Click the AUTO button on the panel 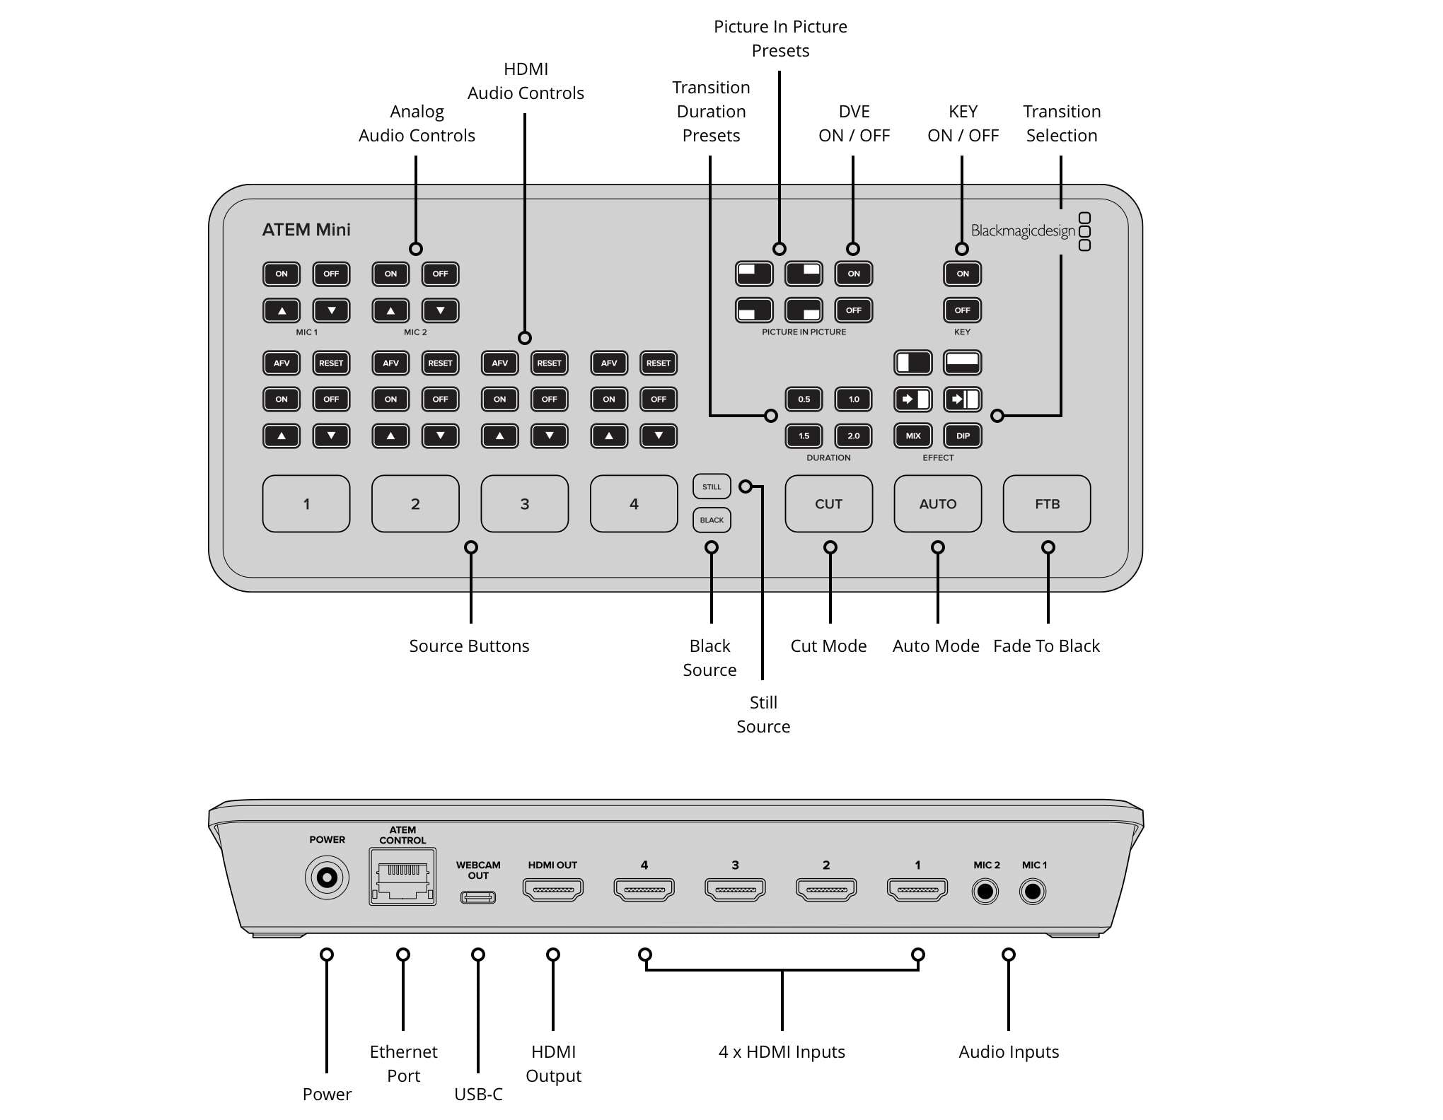click(937, 503)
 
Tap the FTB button click(1046, 503)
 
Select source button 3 click(524, 503)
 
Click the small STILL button click(711, 486)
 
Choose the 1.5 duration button click(804, 436)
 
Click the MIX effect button click(912, 436)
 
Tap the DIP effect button click(963, 436)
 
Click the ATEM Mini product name click(306, 230)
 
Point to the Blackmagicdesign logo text click(1022, 231)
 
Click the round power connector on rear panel click(327, 877)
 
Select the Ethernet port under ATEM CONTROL click(402, 877)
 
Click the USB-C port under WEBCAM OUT click(478, 897)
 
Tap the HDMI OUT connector click(552, 889)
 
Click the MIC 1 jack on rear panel click(1033, 892)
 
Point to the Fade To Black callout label click(1046, 646)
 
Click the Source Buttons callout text click(469, 646)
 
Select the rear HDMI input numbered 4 click(644, 889)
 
